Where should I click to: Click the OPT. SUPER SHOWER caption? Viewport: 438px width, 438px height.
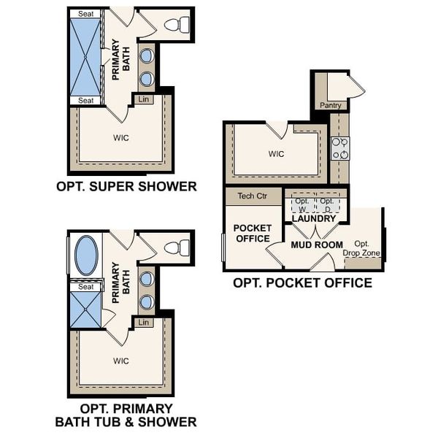coord(126,186)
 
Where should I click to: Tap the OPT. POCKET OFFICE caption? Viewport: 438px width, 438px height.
coord(301,283)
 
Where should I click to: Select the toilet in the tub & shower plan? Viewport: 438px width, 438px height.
coord(174,247)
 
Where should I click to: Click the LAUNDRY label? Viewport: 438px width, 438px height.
coord(313,218)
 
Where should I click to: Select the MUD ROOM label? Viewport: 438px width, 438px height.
coord(316,245)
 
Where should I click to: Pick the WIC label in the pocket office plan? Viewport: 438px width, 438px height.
coord(275,154)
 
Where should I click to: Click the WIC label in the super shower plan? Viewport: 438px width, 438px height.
coord(121,137)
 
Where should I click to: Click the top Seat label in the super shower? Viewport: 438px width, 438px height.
coord(86,14)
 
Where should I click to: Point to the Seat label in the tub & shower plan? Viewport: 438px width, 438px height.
coord(86,287)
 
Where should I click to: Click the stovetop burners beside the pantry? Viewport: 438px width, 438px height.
coord(339,148)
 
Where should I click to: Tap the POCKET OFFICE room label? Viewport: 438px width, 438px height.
coord(252,233)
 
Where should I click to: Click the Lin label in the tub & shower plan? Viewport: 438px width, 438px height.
coord(143,322)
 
